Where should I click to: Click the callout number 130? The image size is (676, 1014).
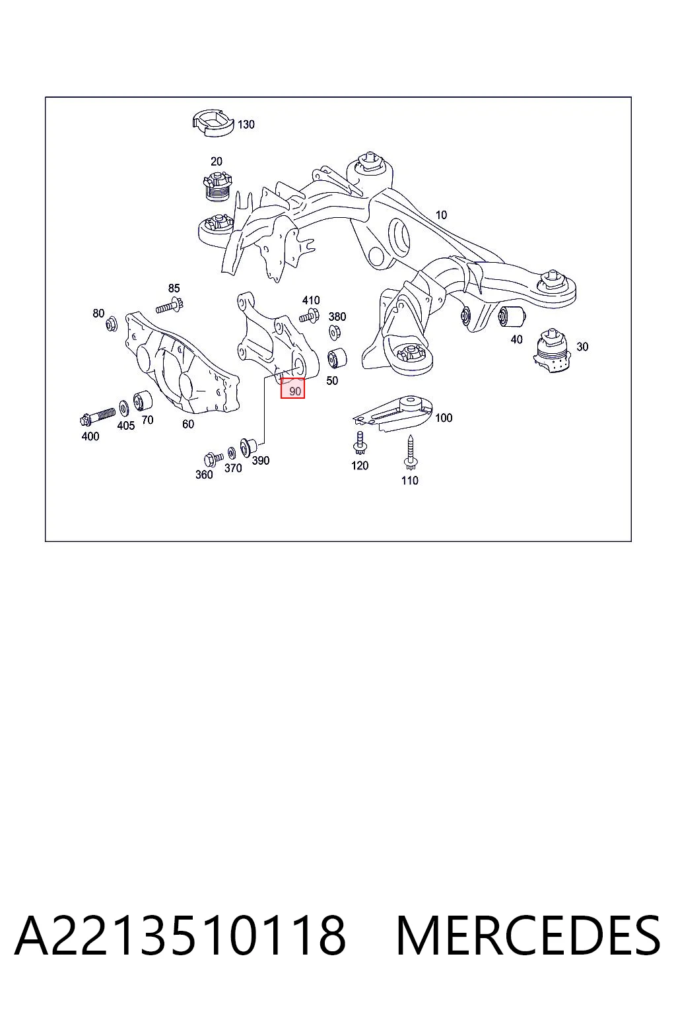pyautogui.click(x=246, y=125)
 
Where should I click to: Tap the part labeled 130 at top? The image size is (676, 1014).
pyautogui.click(x=213, y=122)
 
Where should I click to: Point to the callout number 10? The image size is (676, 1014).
pyautogui.click(x=440, y=215)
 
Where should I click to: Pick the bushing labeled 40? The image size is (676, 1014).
pyautogui.click(x=511, y=316)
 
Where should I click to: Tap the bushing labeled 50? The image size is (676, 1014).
pyautogui.click(x=337, y=358)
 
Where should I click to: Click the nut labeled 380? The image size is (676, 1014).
pyautogui.click(x=335, y=333)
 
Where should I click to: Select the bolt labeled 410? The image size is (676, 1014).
pyautogui.click(x=309, y=315)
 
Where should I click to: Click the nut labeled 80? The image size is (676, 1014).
pyautogui.click(x=111, y=323)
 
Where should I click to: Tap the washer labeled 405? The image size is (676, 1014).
pyautogui.click(x=123, y=409)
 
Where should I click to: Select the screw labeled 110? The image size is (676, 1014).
pyautogui.click(x=410, y=454)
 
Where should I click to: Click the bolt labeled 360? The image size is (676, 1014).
pyautogui.click(x=214, y=459)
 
